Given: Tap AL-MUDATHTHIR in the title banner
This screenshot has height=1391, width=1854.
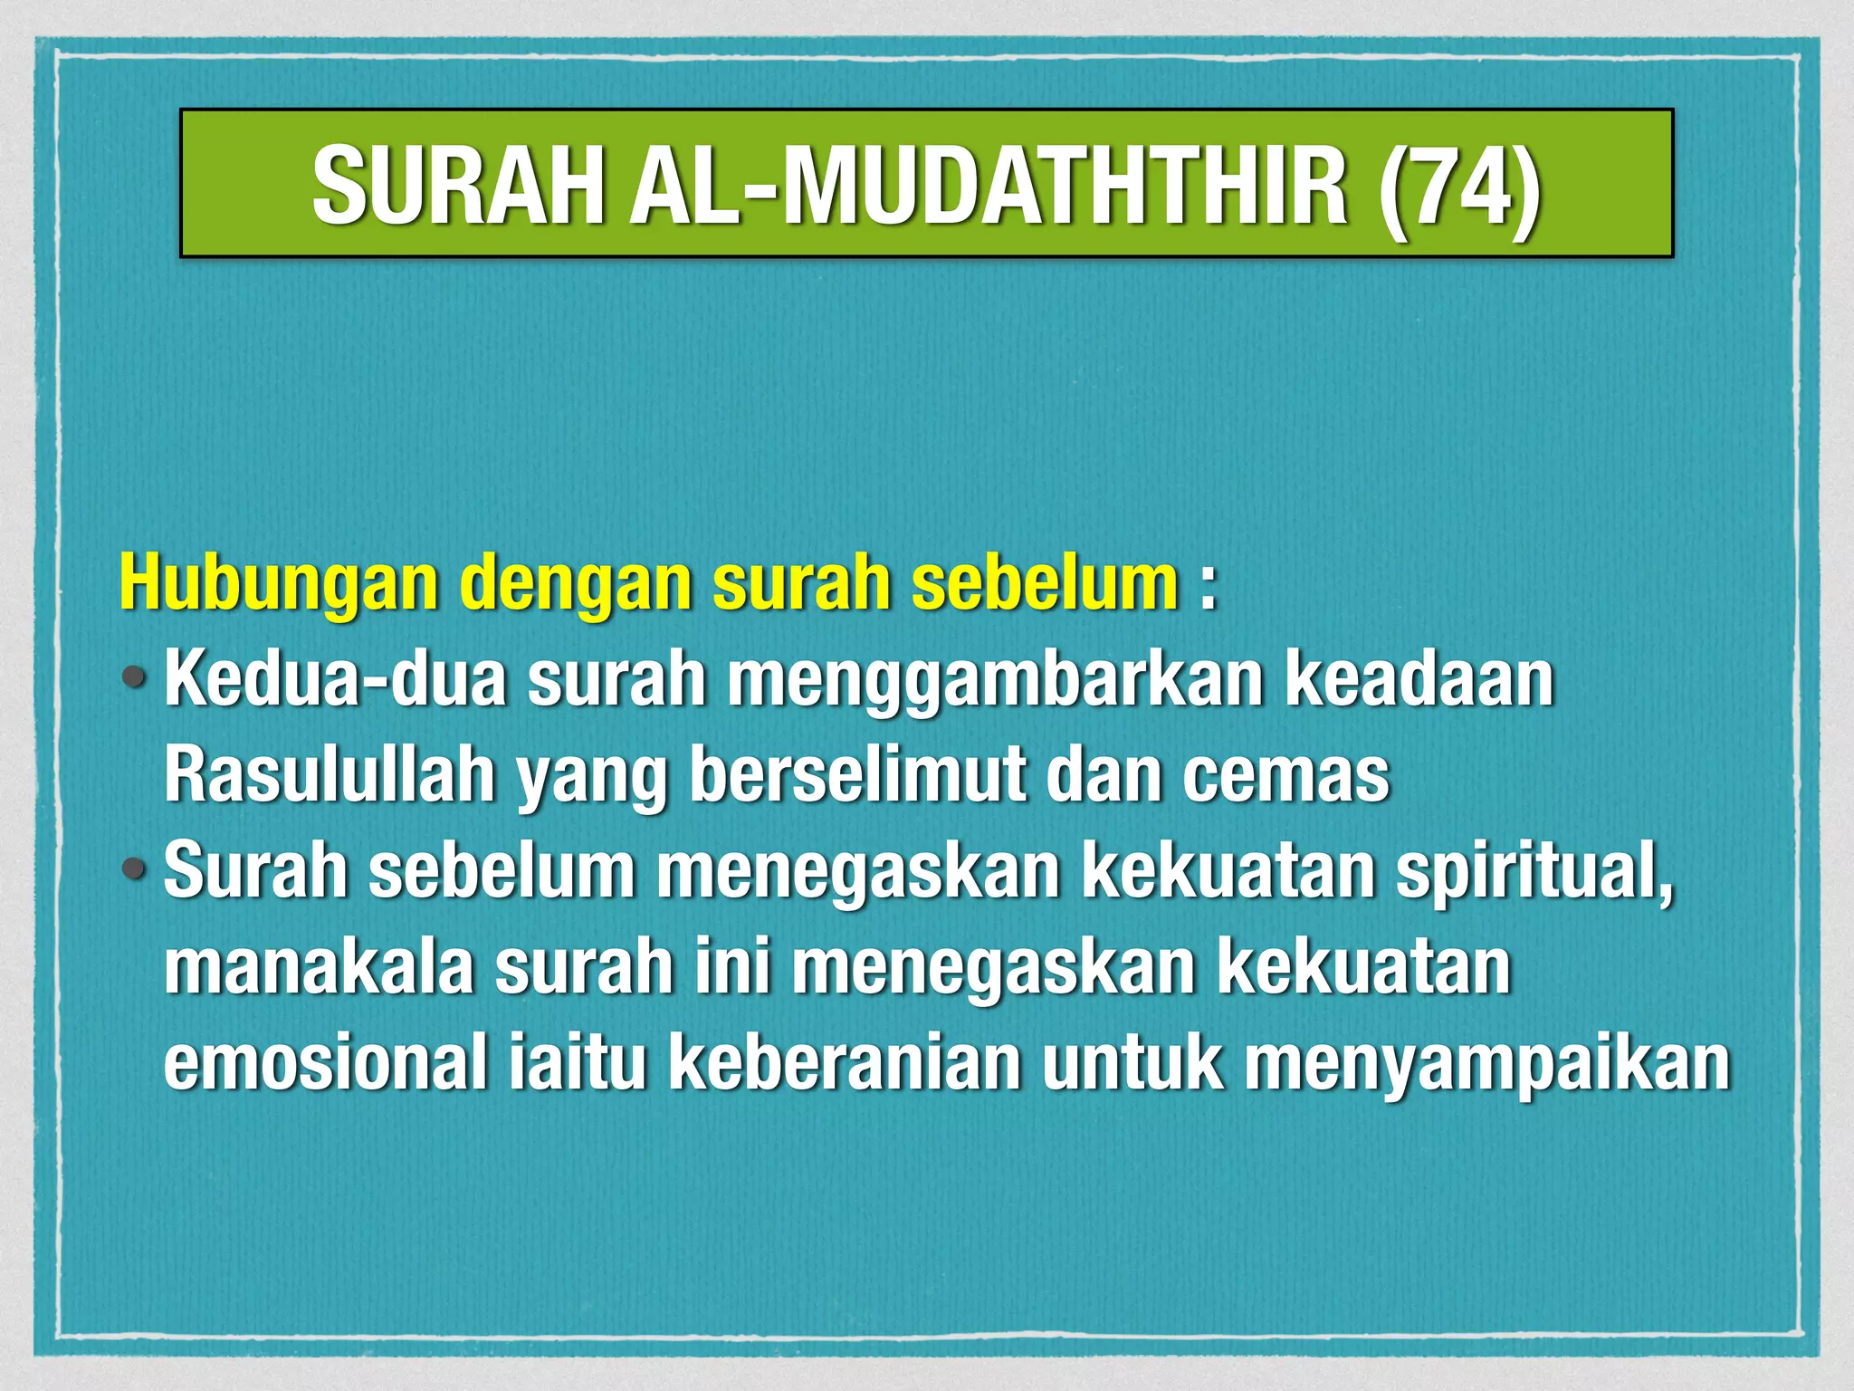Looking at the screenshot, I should pyautogui.click(x=989, y=187).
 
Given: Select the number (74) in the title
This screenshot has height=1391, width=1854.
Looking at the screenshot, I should pyautogui.click(x=1458, y=187).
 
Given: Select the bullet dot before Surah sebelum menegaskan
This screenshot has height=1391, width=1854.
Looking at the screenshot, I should pyautogui.click(x=135, y=869).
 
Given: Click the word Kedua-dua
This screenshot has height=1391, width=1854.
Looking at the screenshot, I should pyautogui.click(x=335, y=679).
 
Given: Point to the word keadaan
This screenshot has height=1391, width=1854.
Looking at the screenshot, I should pyautogui.click(x=1419, y=679).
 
